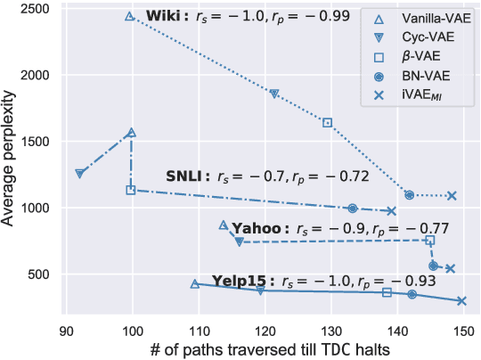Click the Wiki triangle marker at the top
click(x=130, y=17)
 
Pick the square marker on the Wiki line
click(x=327, y=123)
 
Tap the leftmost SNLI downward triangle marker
click(x=80, y=174)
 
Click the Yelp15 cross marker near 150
click(x=461, y=301)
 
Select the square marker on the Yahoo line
click(x=430, y=241)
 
